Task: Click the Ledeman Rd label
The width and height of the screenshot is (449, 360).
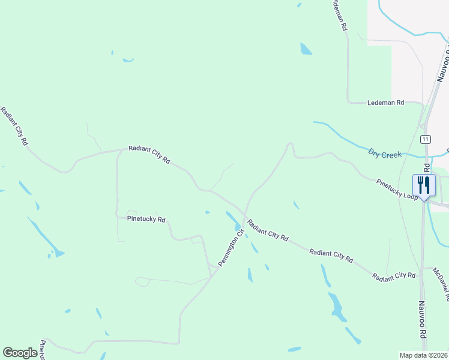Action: click(x=385, y=103)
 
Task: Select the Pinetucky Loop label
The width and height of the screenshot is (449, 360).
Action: click(x=397, y=189)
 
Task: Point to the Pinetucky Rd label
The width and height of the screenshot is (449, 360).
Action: click(x=146, y=220)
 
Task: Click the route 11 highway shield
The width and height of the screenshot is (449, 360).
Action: click(x=425, y=139)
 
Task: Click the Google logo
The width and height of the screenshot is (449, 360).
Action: click(x=20, y=353)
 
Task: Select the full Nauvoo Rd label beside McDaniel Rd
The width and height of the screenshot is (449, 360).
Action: click(x=422, y=318)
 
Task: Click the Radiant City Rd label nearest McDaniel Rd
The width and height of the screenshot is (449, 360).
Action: click(x=394, y=277)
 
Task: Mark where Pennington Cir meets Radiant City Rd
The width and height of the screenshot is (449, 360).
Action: click(x=244, y=214)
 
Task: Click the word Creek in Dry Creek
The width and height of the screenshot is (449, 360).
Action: click(x=391, y=154)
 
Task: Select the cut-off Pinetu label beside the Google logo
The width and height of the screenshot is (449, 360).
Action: click(x=42, y=350)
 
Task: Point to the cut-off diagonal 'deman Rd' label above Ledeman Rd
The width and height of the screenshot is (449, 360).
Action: click(x=339, y=14)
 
